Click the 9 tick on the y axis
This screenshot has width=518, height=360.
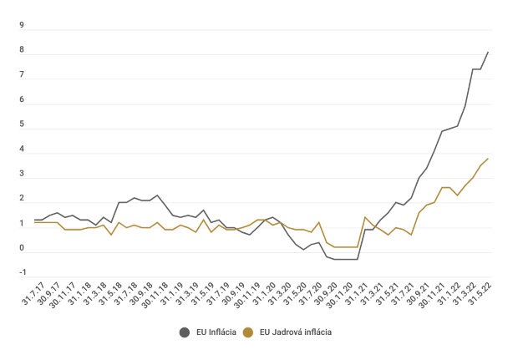click(x=23, y=25)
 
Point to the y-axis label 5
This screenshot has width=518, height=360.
click(x=23, y=124)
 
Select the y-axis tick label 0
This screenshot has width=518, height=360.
click(x=23, y=248)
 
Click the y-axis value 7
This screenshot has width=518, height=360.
click(x=23, y=75)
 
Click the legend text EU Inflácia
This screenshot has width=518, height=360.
click(x=214, y=332)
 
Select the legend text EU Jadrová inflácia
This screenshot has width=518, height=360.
click(x=296, y=332)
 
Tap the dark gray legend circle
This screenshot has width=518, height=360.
click(x=185, y=332)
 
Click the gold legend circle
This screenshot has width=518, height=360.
click(x=247, y=332)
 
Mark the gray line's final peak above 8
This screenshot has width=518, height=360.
click(x=488, y=53)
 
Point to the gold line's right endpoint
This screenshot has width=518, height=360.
click(x=488, y=159)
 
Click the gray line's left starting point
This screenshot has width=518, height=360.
click(x=34, y=220)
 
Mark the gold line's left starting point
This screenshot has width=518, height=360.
click(x=34, y=222)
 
